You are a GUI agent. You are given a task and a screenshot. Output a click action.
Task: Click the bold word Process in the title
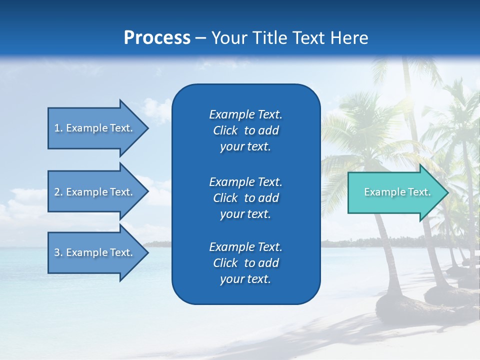point(157,38)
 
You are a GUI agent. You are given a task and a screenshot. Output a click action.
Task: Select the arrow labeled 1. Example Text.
point(95,128)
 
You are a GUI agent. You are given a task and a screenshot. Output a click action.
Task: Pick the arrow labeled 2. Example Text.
point(95,192)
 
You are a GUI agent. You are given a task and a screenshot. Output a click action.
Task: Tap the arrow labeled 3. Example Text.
point(95,252)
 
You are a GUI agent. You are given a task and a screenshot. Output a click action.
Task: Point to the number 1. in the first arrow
point(58,128)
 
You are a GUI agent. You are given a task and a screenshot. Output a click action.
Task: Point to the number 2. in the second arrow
point(58,192)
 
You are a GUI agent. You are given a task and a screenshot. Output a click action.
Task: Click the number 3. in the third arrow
point(58,252)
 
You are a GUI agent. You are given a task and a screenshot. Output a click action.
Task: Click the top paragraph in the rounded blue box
point(245,130)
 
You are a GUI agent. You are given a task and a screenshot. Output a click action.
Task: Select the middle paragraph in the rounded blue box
point(245,198)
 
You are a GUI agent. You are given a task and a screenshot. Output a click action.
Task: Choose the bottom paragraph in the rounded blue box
point(245,263)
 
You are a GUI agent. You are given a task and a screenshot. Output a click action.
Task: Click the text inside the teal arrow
point(397,192)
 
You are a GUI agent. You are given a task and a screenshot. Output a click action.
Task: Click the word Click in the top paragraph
point(225,131)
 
